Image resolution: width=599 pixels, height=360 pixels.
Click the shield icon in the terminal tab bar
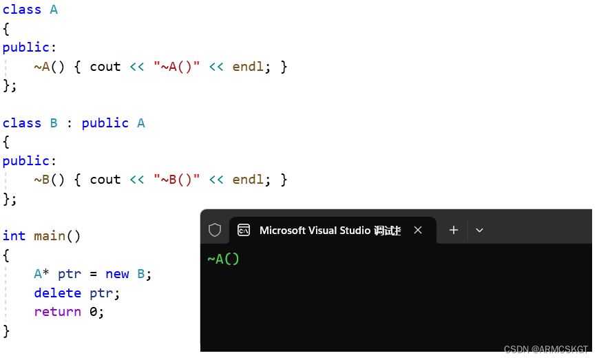(215, 230)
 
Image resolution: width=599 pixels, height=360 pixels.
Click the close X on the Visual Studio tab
(418, 230)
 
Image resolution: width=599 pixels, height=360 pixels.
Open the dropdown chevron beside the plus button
(480, 230)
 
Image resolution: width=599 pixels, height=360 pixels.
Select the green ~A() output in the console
(223, 259)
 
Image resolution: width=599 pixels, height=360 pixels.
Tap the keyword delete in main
(58, 293)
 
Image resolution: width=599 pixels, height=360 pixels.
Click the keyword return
(58, 311)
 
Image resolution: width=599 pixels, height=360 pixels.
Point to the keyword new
(117, 273)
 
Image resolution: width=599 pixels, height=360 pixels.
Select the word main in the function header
(50, 236)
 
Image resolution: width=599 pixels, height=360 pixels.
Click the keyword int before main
(14, 236)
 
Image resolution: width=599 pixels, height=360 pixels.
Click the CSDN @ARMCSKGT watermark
(545, 350)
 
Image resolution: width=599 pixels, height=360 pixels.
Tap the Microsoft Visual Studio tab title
(330, 230)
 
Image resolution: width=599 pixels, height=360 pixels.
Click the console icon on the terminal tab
(244, 230)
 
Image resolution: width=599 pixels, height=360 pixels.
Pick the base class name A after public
(140, 123)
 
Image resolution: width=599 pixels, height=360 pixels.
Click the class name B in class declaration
(54, 123)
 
